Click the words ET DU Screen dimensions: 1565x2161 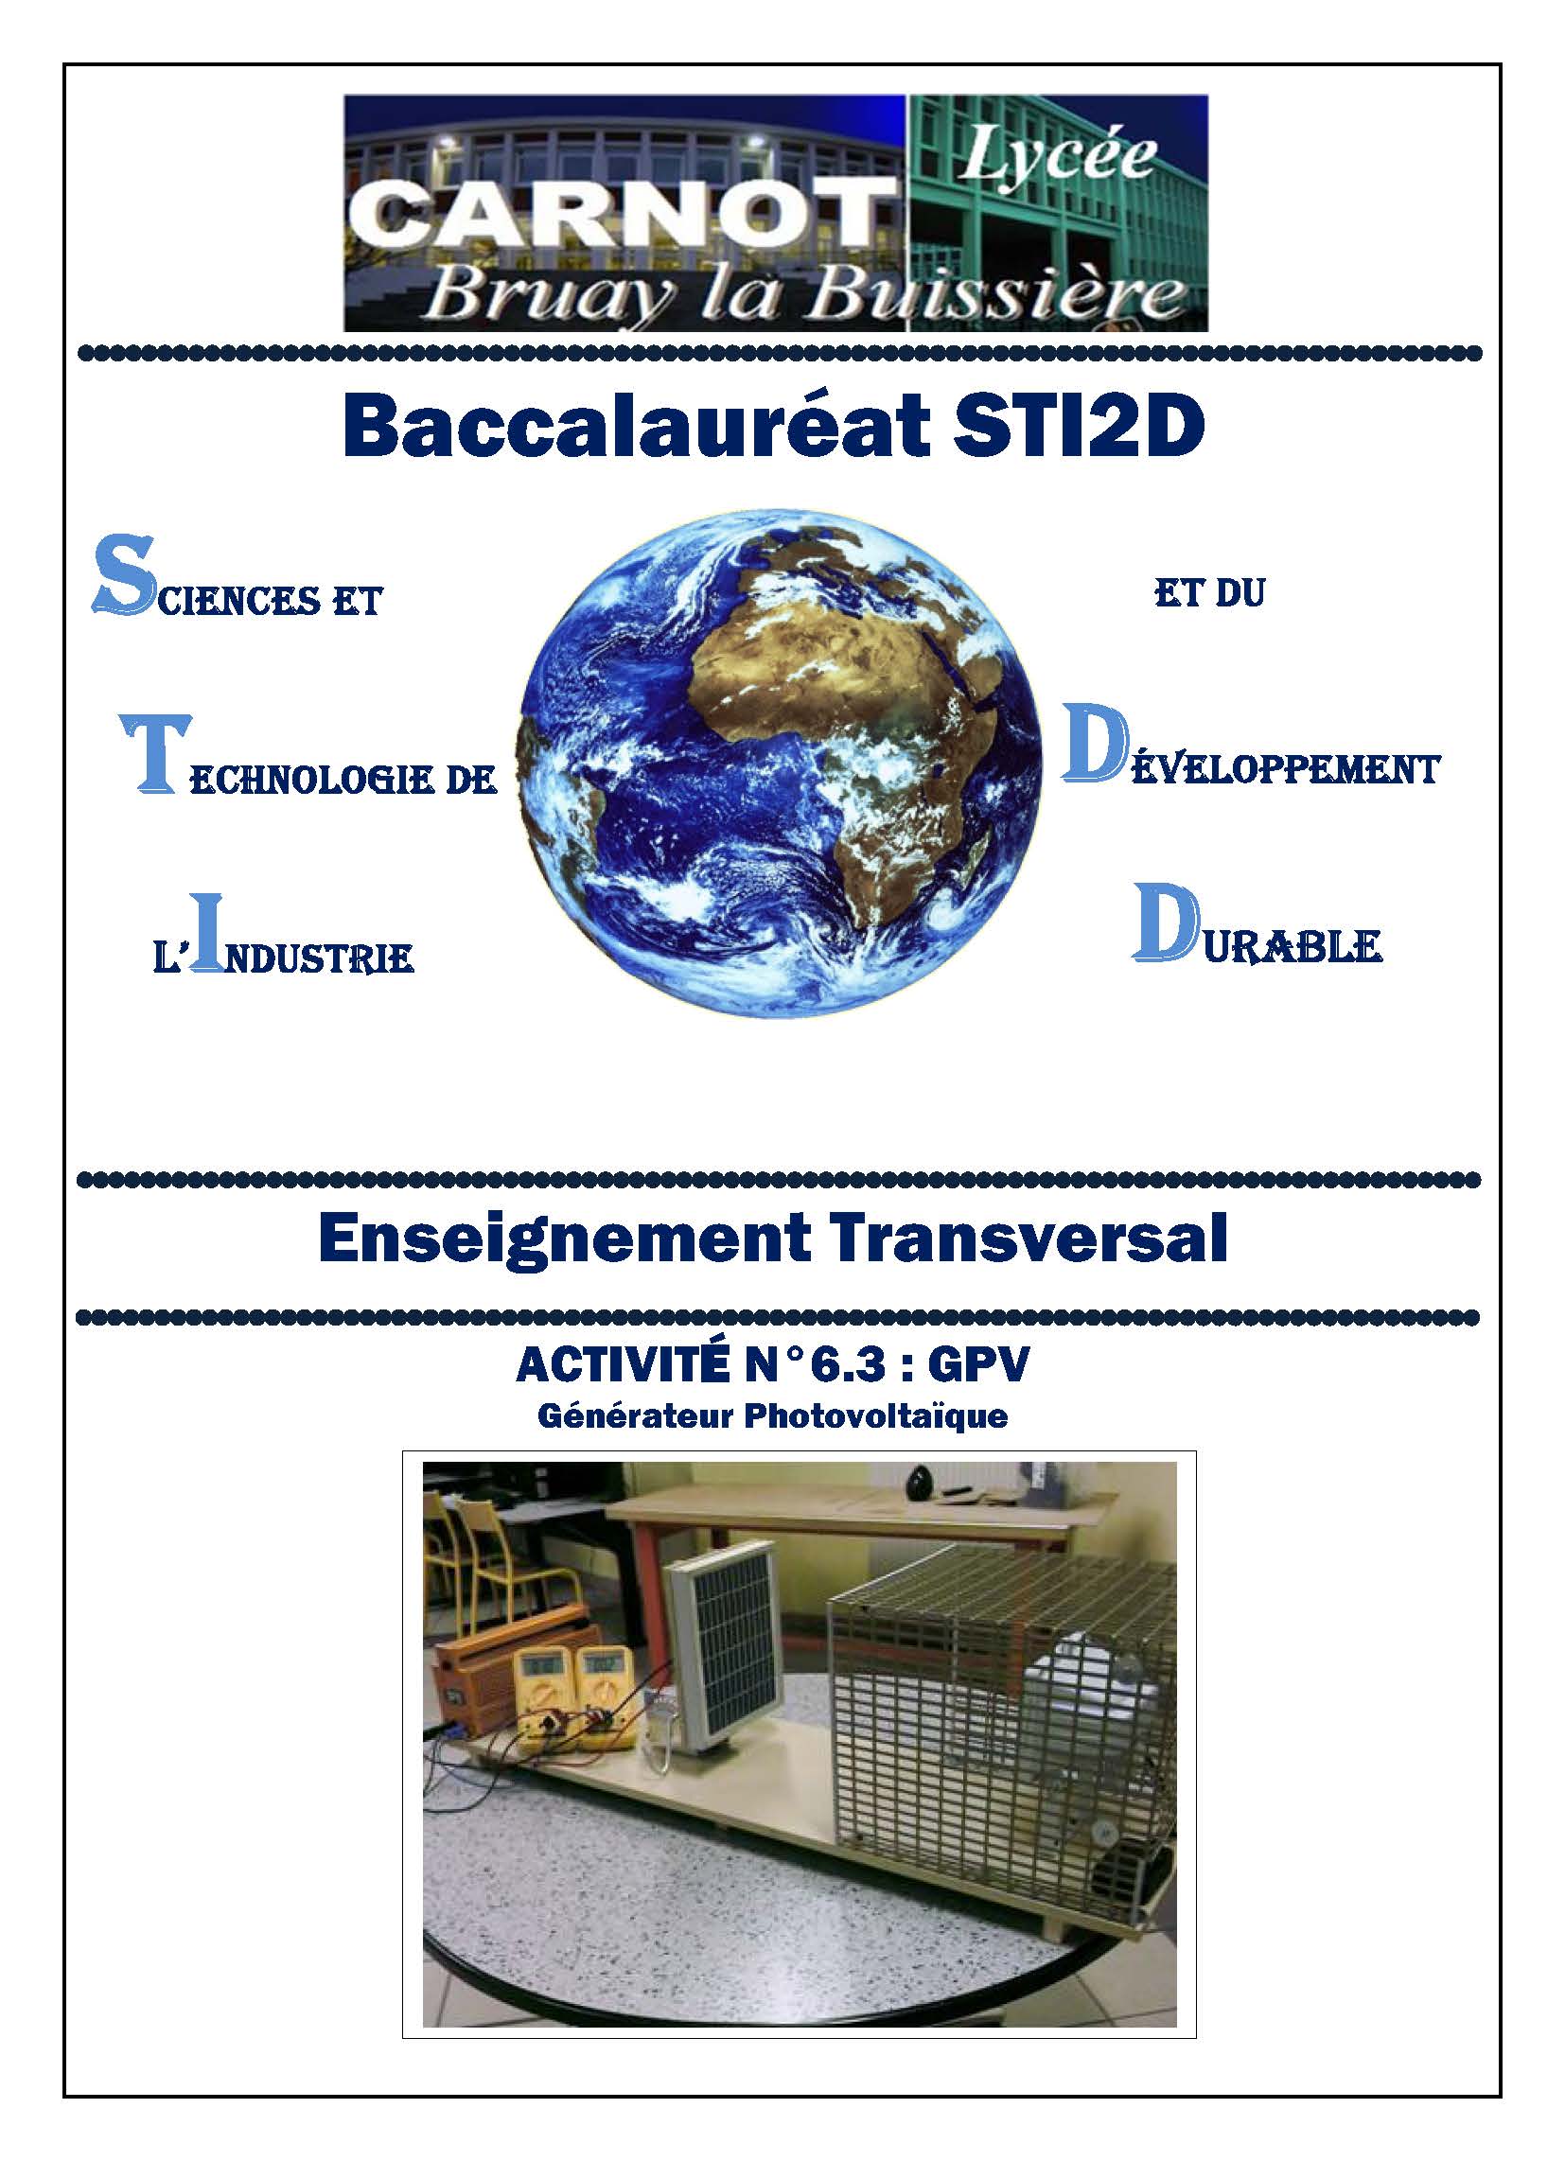coord(1209,592)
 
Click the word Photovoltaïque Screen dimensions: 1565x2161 coord(875,1416)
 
